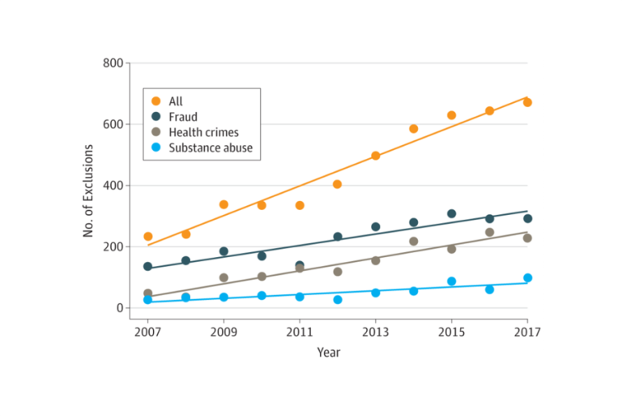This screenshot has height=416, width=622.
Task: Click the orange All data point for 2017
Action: click(x=527, y=102)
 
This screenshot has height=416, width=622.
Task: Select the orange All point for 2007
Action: click(x=147, y=237)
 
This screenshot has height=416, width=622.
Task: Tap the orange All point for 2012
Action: click(x=337, y=184)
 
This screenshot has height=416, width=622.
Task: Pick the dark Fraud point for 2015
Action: click(x=451, y=214)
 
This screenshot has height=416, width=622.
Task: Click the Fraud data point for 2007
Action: click(x=147, y=266)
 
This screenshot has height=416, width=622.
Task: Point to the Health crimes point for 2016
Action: click(x=489, y=233)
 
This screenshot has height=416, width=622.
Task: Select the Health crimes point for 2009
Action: click(x=224, y=277)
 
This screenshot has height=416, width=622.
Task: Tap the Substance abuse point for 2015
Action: click(x=451, y=281)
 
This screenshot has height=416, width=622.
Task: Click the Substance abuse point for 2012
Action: click(x=337, y=299)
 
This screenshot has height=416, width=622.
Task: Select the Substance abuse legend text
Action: click(x=209, y=147)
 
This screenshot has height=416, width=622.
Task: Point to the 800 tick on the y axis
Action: click(x=113, y=63)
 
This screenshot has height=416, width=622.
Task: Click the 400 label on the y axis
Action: click(x=113, y=186)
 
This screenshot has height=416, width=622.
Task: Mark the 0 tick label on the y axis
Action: click(x=118, y=308)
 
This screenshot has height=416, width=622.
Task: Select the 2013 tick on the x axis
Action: click(x=375, y=332)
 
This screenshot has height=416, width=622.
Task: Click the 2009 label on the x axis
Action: click(x=224, y=332)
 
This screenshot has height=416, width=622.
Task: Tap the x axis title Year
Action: click(x=328, y=352)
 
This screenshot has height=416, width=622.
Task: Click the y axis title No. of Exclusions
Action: click(x=88, y=191)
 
